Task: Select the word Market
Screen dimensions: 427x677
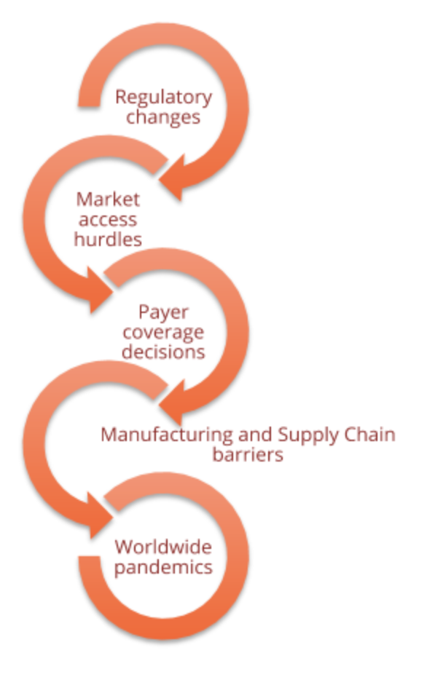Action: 108,199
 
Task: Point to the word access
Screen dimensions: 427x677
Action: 108,220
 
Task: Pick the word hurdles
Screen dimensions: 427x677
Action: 108,239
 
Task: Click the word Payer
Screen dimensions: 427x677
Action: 163,312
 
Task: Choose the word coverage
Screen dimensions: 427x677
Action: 163,333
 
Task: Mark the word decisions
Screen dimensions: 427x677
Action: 163,352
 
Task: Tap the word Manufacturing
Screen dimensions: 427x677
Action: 166,435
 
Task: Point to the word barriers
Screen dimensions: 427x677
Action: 248,455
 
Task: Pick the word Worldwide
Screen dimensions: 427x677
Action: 163,547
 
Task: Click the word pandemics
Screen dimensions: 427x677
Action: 163,567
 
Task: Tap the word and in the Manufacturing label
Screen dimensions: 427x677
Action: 255,435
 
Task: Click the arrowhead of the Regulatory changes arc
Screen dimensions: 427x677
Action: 173,178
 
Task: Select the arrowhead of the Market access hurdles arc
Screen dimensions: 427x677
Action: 99,290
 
